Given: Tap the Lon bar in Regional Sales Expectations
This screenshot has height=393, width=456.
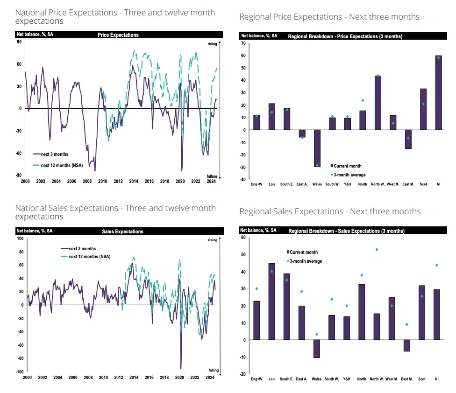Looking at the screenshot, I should [271, 302].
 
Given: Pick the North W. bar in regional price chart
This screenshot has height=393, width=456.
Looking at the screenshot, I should [378, 103].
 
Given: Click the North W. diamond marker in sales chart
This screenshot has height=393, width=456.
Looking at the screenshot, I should [377, 249].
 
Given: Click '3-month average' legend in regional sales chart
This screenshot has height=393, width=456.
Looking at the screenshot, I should [304, 261].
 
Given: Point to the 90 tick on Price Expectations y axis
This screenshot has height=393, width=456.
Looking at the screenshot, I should [19, 42].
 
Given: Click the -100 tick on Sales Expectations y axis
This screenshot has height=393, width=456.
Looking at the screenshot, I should [20, 372].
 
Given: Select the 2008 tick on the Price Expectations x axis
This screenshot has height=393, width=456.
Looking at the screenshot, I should [87, 181].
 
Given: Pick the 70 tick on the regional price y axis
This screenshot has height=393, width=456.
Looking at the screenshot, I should [243, 43].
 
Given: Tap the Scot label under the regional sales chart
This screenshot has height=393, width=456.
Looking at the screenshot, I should [422, 379].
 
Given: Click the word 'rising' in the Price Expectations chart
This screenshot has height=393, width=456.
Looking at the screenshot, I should [212, 44].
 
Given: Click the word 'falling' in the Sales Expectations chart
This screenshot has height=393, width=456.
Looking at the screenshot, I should [213, 370].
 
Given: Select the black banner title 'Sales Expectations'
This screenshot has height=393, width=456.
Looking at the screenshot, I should [122, 232].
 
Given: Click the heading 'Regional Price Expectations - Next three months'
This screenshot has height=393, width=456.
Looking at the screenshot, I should [329, 17].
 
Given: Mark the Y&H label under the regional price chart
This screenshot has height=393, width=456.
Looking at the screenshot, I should [347, 184].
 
